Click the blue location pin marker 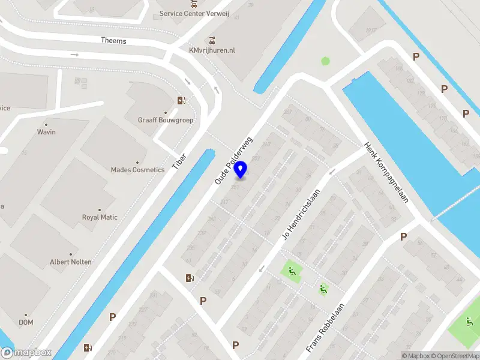pyautogui.click(x=241, y=169)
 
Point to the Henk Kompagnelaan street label pyautogui.click(x=386, y=172)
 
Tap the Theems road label pyautogui.click(x=113, y=40)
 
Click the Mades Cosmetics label pyautogui.click(x=137, y=170)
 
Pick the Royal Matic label pyautogui.click(x=100, y=217)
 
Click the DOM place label pyautogui.click(x=26, y=322)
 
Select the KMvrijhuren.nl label pyautogui.click(x=212, y=50)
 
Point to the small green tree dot pyautogui.click(x=325, y=61)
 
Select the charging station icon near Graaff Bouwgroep pyautogui.click(x=181, y=100)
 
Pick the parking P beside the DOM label pyautogui.click(x=112, y=316)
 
